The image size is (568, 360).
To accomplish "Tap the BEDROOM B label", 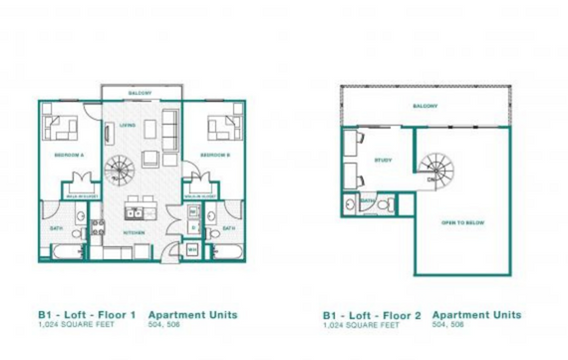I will point(215,156).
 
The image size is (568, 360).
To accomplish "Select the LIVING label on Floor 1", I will point(128,126).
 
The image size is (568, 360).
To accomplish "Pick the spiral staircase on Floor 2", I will point(435,169).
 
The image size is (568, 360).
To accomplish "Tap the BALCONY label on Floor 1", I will point(140,93).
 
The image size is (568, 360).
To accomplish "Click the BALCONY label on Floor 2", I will point(426,107).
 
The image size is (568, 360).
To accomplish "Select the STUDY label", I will point(383,160).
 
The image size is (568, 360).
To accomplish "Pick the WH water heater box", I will point(191,248).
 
